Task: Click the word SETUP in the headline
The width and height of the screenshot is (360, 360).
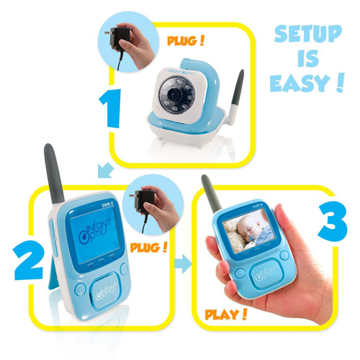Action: click(x=305, y=38)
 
